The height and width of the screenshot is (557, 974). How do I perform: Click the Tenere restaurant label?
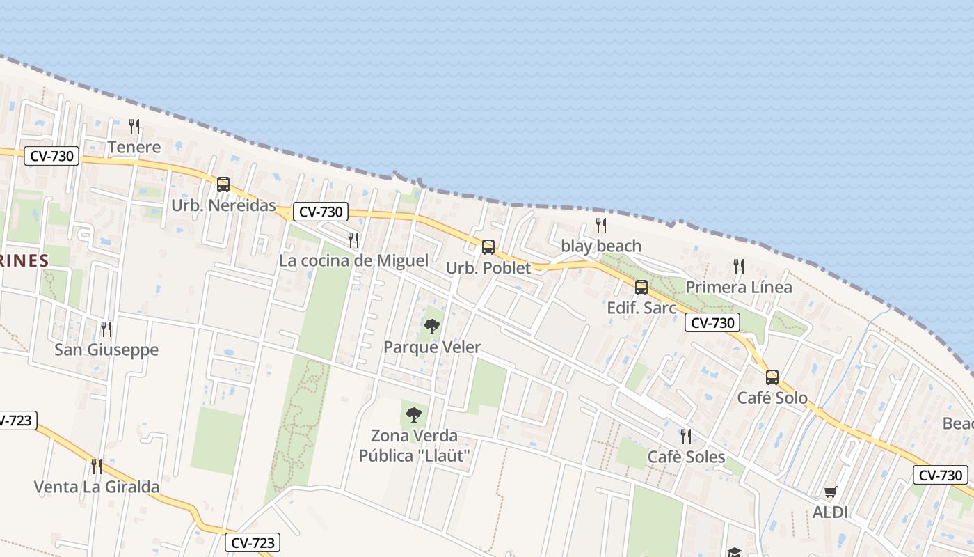(x=134, y=148)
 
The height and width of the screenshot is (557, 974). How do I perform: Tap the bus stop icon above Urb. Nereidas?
(x=223, y=185)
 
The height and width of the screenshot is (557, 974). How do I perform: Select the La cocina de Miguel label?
(x=353, y=261)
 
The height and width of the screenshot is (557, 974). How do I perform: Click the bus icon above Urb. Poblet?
(x=488, y=246)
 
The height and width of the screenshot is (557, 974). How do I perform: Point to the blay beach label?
(x=601, y=246)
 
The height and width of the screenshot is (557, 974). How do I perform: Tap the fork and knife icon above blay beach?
(x=601, y=226)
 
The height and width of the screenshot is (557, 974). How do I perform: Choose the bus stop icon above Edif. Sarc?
(x=641, y=287)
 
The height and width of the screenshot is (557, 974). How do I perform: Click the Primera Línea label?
(x=738, y=288)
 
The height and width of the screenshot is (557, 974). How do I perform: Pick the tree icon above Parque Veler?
(x=432, y=326)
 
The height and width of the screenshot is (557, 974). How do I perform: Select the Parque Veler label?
(x=432, y=347)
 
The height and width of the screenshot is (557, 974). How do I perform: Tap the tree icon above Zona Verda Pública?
(x=414, y=415)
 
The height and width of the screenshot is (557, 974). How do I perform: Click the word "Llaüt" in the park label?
(x=445, y=456)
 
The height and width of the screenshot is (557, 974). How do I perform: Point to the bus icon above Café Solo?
(x=772, y=377)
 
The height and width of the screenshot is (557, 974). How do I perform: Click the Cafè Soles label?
(x=686, y=457)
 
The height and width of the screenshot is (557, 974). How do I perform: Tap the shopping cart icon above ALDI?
(x=830, y=492)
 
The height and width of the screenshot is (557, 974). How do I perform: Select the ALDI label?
(x=830, y=513)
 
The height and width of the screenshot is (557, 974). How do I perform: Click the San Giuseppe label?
(x=106, y=350)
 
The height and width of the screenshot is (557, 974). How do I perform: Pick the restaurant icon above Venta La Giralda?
(x=97, y=466)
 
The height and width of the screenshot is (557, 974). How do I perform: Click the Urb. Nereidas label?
(x=223, y=207)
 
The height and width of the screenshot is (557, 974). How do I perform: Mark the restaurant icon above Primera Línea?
(x=738, y=266)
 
